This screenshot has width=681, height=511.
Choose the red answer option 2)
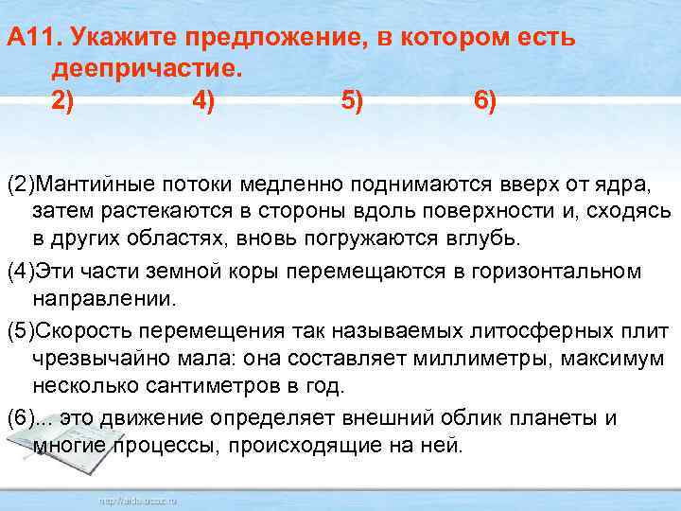click(x=62, y=100)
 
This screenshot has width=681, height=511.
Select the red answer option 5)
click(x=351, y=100)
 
